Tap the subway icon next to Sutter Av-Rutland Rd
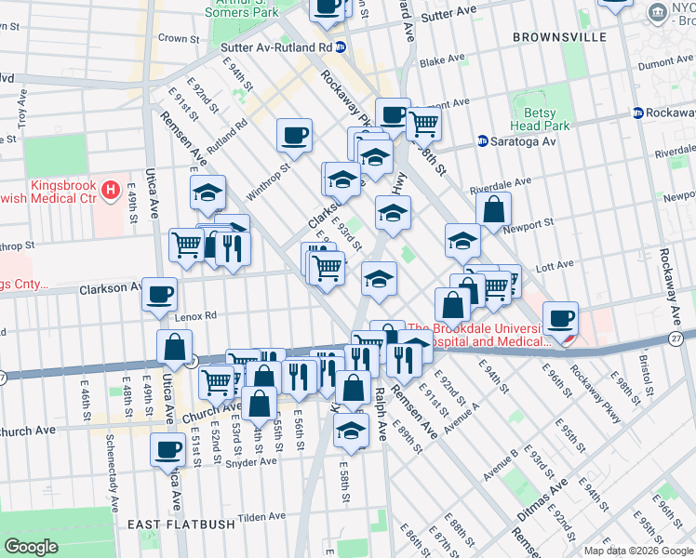pos(341,46)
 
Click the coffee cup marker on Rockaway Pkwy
pos(561,318)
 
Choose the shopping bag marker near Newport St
pos(493,209)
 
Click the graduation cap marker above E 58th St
pos(351,429)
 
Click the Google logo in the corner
pos(31,547)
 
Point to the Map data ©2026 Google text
pos(638,551)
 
